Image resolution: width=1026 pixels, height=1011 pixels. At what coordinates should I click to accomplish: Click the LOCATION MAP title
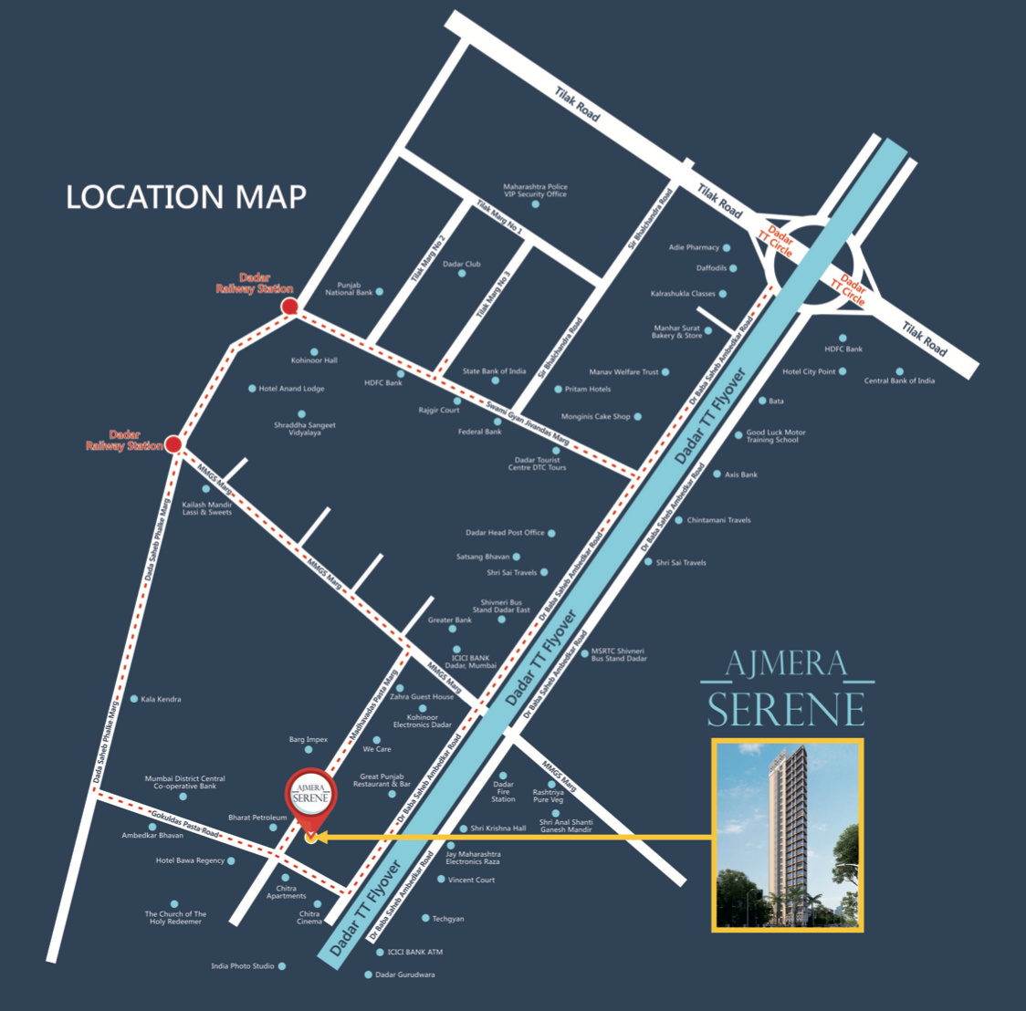tap(186, 197)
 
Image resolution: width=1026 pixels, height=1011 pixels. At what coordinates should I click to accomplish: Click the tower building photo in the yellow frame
tap(787, 835)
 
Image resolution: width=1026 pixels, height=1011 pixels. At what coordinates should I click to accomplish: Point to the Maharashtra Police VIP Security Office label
tap(535, 190)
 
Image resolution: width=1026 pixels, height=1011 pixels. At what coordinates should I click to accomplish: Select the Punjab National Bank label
tap(349, 289)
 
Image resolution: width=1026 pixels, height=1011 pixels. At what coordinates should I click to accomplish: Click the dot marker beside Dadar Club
tap(462, 274)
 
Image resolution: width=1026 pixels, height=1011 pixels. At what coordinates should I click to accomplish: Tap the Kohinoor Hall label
tap(314, 360)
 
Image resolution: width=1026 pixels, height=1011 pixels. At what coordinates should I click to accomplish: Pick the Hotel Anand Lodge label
tap(291, 389)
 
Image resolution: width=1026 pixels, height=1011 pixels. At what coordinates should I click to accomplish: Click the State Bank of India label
tap(494, 371)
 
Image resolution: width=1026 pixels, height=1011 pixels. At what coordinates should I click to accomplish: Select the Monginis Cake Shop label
tap(595, 417)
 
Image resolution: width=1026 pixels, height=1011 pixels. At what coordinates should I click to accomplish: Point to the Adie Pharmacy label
tap(694, 247)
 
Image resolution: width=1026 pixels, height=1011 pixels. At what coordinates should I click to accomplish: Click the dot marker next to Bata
tap(763, 401)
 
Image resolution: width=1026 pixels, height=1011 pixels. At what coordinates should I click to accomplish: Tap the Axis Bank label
tap(741, 474)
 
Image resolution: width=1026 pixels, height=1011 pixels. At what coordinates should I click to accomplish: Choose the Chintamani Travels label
tap(718, 520)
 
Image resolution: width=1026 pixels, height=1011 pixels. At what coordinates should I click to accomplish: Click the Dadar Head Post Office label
tap(505, 533)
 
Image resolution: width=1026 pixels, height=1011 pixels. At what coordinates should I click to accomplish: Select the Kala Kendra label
tap(161, 699)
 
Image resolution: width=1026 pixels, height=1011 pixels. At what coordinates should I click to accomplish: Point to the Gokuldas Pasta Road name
tap(186, 824)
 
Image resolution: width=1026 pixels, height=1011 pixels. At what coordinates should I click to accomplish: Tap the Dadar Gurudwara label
tap(406, 975)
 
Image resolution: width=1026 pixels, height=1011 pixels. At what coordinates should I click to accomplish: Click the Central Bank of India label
tap(899, 380)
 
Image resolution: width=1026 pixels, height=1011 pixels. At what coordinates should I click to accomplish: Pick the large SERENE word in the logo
tap(786, 709)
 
